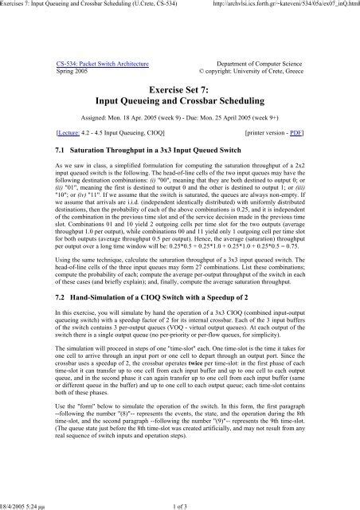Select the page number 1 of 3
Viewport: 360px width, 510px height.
tap(180, 503)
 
